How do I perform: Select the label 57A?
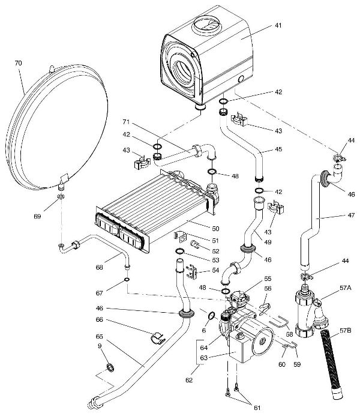(x=345, y=288)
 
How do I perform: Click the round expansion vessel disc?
(x=60, y=129)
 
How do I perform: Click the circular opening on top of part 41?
(x=205, y=28)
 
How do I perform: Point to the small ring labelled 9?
(x=110, y=367)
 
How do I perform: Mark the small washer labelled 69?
(x=62, y=197)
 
